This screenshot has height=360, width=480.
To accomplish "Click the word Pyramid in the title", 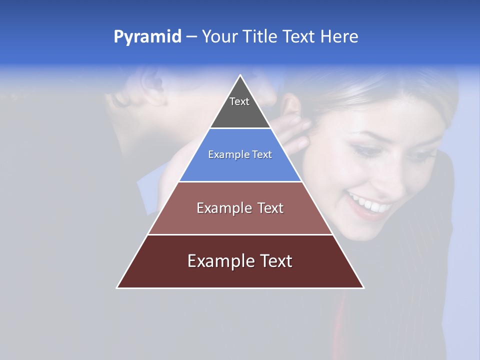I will (147, 37).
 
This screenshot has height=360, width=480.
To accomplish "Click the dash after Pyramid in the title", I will (191, 37).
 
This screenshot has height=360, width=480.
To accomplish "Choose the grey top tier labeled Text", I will (239, 107).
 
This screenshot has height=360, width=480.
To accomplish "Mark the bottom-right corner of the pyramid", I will (363, 287).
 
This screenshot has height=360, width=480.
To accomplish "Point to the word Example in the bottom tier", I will (220, 261).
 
